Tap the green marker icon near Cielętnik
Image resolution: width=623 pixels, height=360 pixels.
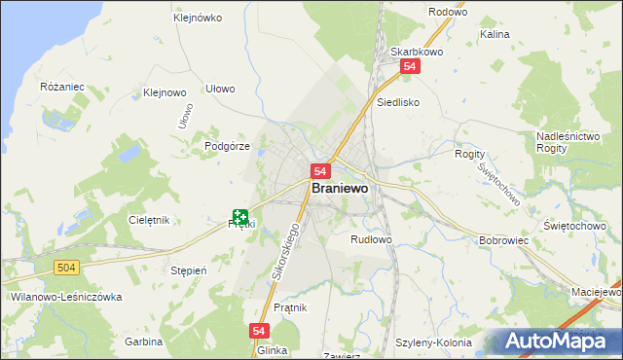(240, 218)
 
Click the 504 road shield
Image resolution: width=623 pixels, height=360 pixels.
(66, 267)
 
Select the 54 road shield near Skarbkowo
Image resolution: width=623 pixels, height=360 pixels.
(410, 66)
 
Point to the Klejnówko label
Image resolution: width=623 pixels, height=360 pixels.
(198, 18)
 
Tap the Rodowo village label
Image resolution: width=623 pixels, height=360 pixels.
(449, 12)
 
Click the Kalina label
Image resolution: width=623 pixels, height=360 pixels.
(495, 34)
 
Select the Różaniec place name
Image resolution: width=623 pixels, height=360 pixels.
(63, 87)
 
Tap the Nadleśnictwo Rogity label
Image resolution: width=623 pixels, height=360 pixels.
(567, 143)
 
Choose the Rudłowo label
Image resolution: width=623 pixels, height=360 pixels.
(371, 238)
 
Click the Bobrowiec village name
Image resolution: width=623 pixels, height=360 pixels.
(504, 239)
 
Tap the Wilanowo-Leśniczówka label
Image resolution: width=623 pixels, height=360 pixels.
(58, 296)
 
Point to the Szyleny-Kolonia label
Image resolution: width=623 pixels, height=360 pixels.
(433, 342)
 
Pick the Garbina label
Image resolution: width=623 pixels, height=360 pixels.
(143, 342)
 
